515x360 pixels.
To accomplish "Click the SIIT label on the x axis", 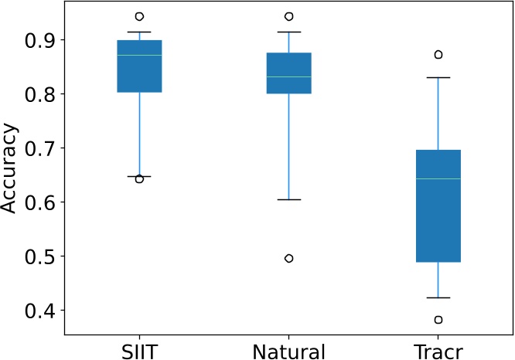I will (x=139, y=352).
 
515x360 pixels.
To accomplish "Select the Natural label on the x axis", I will (x=288, y=352).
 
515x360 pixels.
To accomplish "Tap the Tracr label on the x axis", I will (x=438, y=352).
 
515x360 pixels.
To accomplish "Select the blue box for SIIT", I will (x=139, y=66).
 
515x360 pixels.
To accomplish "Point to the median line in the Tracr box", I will (x=438, y=178).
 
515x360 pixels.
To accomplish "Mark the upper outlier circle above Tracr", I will (x=438, y=55).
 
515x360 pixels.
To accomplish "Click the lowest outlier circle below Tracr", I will (x=438, y=320).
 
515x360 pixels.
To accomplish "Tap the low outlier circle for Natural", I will (x=288, y=258).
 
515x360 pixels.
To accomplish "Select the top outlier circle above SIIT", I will (x=139, y=16).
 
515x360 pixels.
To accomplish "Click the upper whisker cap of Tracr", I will (x=438, y=77).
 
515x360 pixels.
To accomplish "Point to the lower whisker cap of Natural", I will (x=288, y=199).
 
